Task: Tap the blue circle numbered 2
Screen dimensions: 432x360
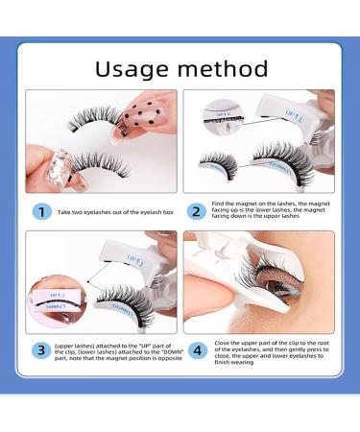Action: (195, 210)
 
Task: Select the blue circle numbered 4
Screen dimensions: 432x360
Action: (195, 349)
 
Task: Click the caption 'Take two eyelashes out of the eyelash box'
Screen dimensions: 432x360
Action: (107, 210)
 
